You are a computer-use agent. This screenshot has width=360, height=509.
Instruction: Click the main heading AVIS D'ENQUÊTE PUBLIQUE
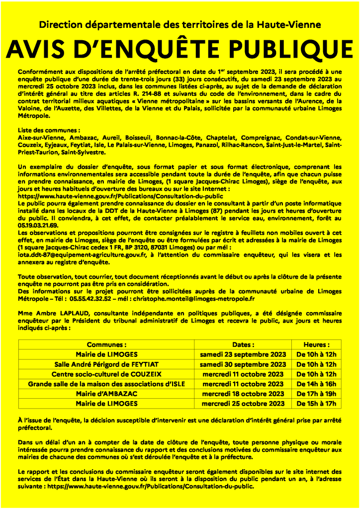180,48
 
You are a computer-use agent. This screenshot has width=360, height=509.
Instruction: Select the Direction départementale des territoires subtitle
180,24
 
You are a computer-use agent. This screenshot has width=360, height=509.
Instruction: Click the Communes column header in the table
107,344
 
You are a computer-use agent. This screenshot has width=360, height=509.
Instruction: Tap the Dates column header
243,344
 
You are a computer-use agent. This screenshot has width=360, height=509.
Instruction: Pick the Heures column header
317,344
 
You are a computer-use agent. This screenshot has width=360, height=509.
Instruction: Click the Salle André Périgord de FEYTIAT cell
107,364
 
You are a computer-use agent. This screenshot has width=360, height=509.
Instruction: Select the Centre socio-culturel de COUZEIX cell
107,374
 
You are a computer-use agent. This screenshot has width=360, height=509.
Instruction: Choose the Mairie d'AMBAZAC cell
107,394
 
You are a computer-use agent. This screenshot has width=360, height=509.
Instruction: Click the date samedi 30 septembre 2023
243,364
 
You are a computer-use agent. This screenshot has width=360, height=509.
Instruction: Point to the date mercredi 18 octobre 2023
243,394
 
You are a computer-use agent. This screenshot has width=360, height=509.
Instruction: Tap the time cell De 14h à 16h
317,384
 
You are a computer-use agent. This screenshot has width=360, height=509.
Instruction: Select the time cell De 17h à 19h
317,394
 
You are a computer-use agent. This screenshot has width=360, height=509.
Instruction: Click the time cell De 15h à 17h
317,404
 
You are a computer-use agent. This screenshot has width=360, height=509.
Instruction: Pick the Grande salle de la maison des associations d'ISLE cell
107,384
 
